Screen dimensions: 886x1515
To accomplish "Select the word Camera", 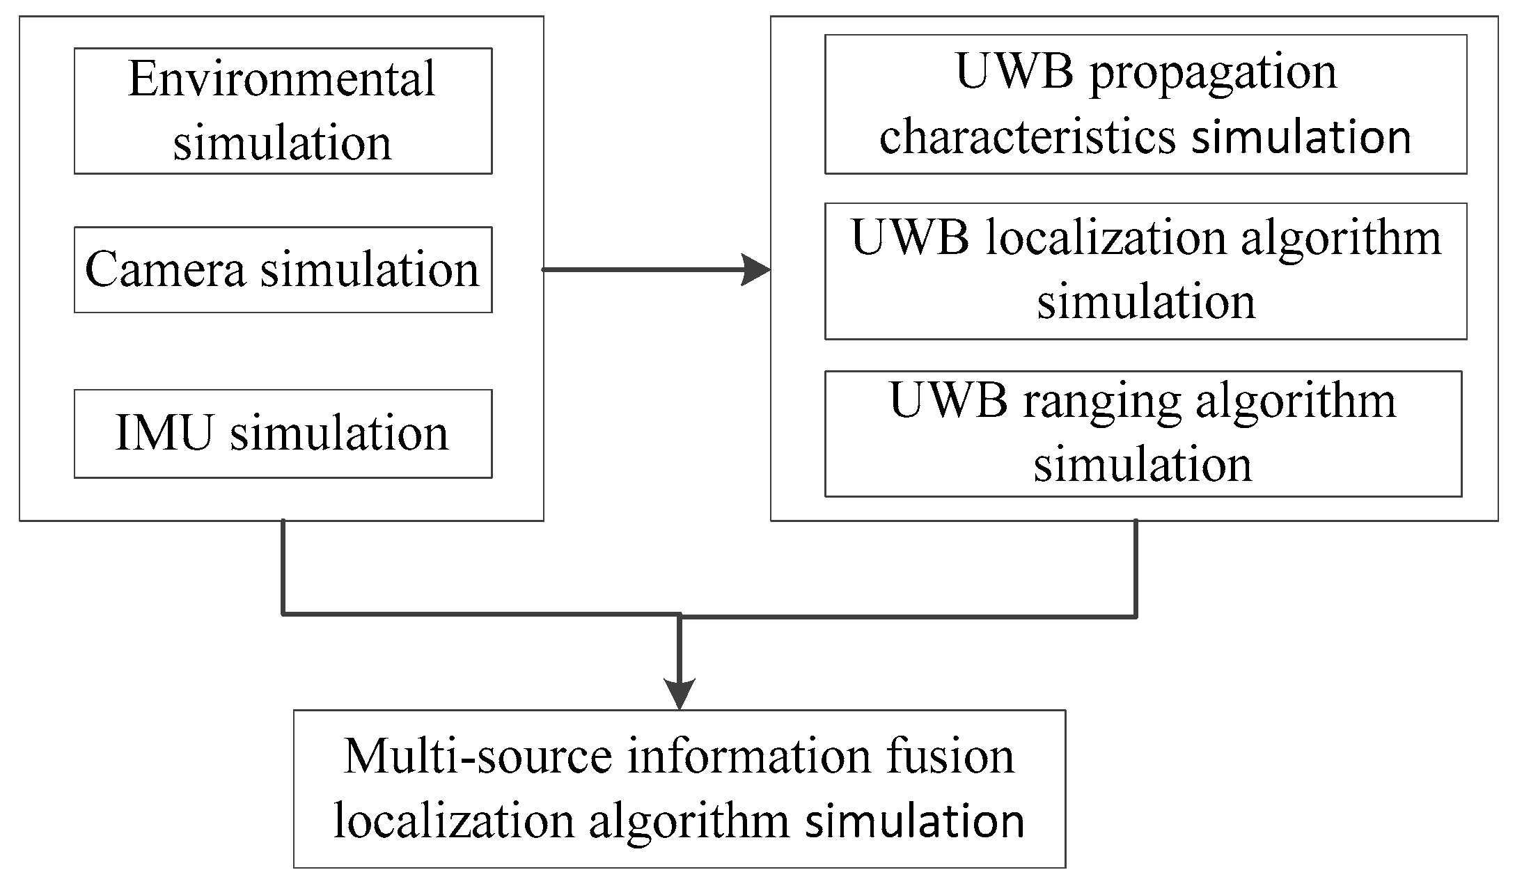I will tap(165, 269).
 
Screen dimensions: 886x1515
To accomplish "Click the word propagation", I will tap(1213, 73).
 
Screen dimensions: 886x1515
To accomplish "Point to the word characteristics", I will tap(1028, 136).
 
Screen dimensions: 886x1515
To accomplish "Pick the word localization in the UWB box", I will tap(1106, 238).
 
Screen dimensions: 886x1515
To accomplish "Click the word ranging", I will tap(1101, 402).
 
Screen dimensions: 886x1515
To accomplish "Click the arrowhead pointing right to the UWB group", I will tap(757, 269).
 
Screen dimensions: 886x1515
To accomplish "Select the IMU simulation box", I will tap(283, 433).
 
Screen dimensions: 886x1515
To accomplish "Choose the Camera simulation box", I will tap(283, 269).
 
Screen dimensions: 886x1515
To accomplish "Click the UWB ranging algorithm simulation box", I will tap(1143, 433).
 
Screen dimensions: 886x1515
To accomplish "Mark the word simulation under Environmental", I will tap(282, 143).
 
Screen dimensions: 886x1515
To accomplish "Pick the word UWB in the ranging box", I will tap(948, 401).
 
